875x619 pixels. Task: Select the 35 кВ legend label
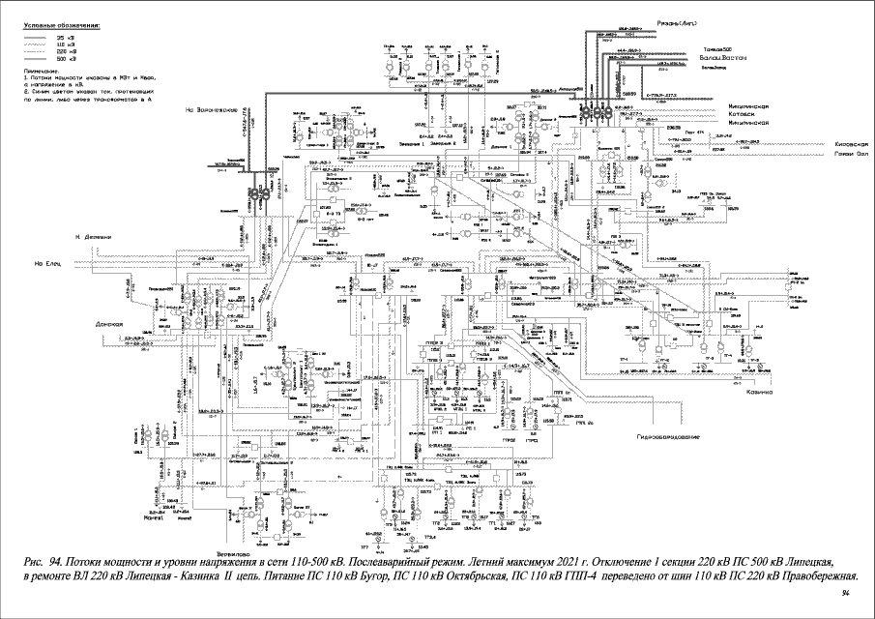point(71,36)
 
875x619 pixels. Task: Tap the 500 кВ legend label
point(71,59)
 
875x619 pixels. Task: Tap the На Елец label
point(47,263)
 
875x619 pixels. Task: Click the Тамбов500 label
point(717,49)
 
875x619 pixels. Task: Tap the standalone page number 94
point(846,591)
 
